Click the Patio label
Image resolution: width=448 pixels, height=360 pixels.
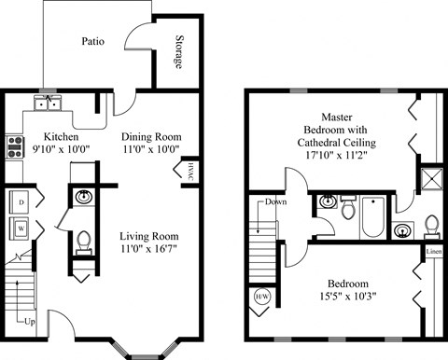(x=91, y=42)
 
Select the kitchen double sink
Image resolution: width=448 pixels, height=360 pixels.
(x=48, y=103)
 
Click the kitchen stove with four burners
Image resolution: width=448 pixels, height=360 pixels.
(x=15, y=145)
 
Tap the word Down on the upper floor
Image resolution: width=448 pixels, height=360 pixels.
(x=275, y=201)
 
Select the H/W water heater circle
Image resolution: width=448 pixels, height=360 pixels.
(x=263, y=298)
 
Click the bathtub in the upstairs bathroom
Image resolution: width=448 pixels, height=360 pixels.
(x=371, y=215)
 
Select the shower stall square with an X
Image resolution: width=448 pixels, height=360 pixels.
(x=430, y=178)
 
